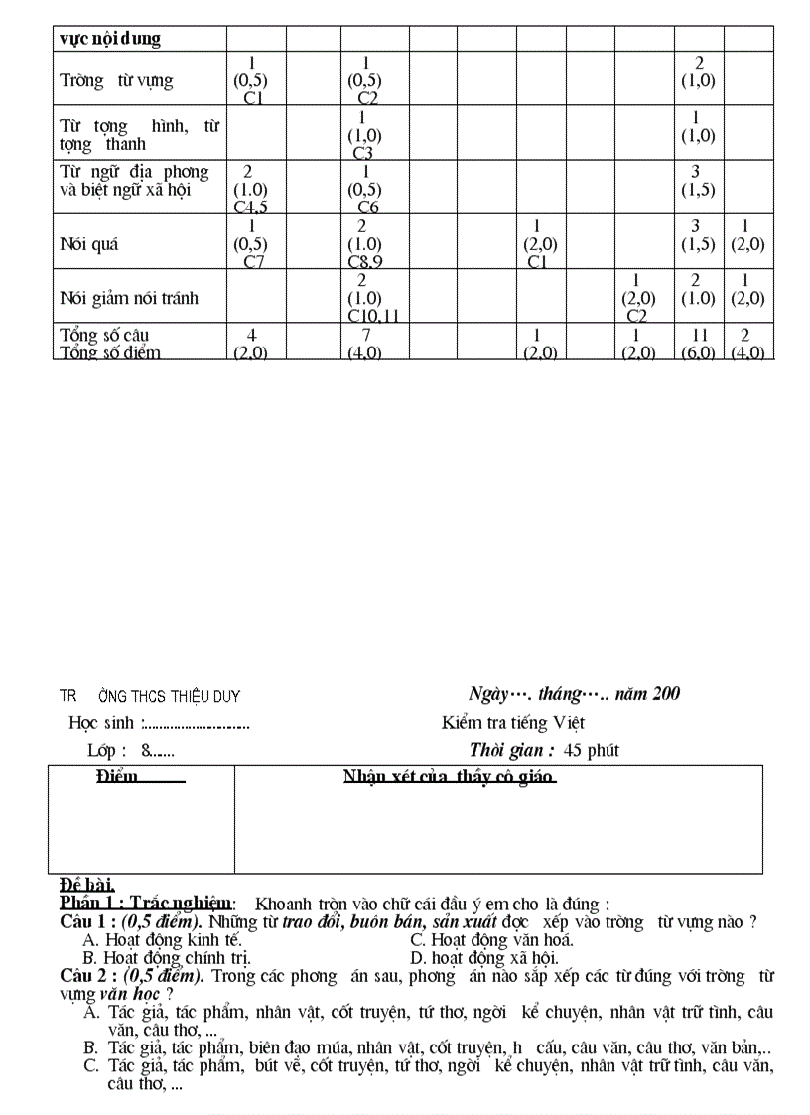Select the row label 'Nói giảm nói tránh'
tap(128, 297)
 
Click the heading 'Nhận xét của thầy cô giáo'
tap(449, 775)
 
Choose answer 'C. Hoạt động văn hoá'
tap(491, 939)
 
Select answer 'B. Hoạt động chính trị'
tap(167, 958)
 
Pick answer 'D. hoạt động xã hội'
tap(484, 958)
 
